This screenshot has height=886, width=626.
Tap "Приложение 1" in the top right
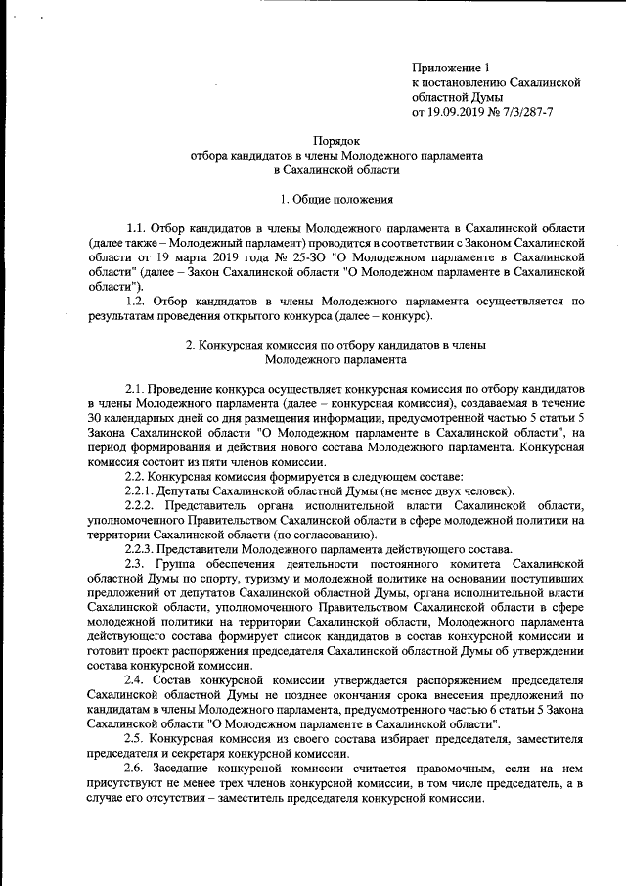tap(449, 69)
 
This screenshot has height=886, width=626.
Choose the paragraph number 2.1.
tap(135, 389)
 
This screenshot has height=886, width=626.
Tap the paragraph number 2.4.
tap(135, 679)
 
